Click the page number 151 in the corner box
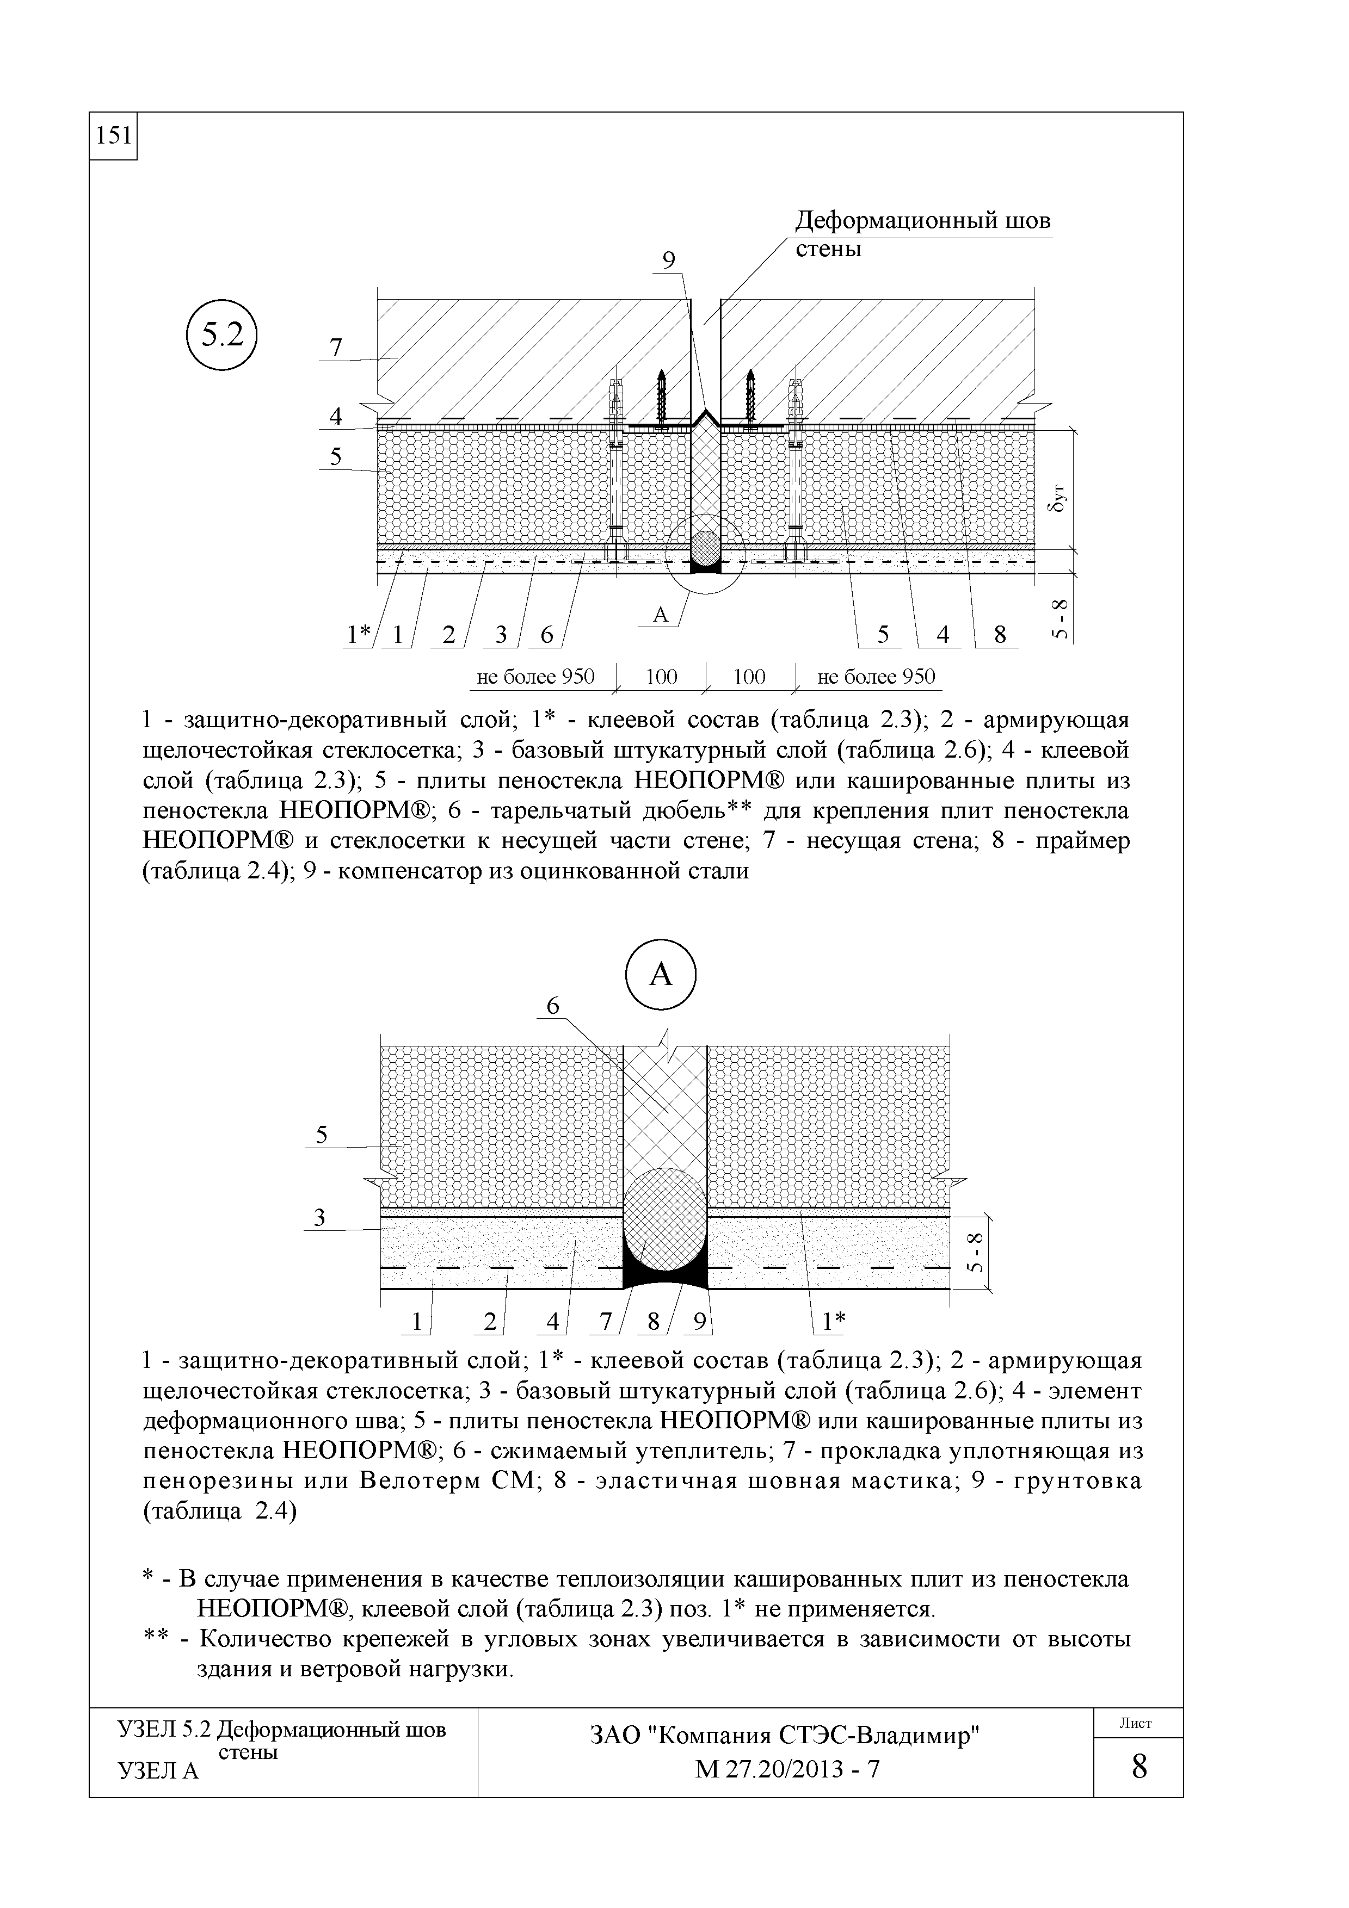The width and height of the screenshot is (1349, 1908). (113, 135)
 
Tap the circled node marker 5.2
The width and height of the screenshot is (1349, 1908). (222, 336)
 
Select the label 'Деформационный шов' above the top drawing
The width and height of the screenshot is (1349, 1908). (922, 222)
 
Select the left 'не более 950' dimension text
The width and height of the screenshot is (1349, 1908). (535, 677)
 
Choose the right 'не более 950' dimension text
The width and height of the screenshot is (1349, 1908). (876, 677)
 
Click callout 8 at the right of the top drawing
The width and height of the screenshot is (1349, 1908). (1000, 635)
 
